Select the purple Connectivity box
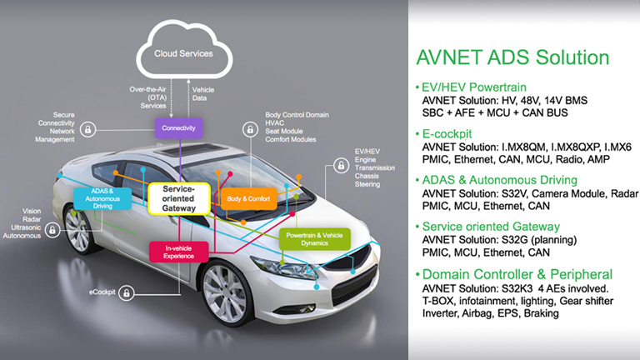[178, 127]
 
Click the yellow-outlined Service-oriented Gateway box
[179, 198]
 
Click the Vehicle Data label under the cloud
[206, 94]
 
